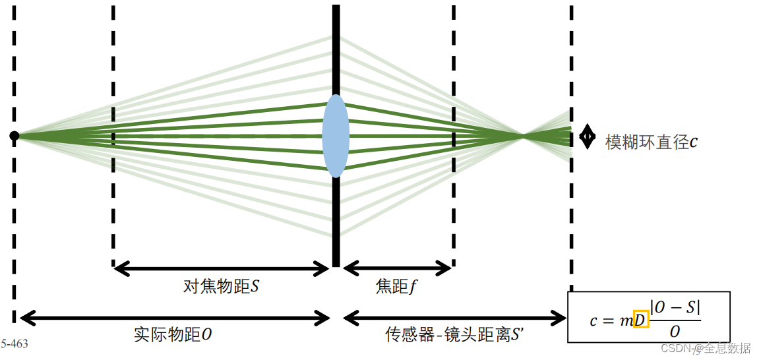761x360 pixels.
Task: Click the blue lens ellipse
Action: point(336,136)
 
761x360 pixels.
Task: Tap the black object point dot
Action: point(15,136)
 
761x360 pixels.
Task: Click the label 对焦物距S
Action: point(221,287)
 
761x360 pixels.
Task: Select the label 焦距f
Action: point(397,287)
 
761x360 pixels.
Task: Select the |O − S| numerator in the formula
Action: point(675,308)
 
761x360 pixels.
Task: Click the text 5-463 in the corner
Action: point(14,344)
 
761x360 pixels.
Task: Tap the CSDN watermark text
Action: point(706,347)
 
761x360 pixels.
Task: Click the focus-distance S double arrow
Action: point(221,268)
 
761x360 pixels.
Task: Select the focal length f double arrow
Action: point(397,268)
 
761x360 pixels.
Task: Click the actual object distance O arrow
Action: point(175,318)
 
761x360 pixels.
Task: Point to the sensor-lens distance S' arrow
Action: point(455,318)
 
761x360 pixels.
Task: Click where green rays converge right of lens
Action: point(523,136)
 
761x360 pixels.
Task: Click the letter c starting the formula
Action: point(594,320)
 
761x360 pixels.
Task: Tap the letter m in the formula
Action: point(624,320)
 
